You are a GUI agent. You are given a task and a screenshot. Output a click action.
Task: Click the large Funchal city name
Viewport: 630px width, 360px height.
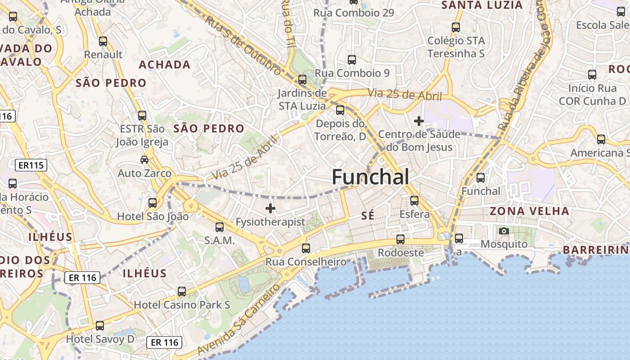[x=370, y=177]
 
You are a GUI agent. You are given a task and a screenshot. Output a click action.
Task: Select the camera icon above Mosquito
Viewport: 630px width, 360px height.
[x=504, y=231]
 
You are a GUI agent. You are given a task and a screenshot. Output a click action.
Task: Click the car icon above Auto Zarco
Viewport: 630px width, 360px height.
[x=144, y=160]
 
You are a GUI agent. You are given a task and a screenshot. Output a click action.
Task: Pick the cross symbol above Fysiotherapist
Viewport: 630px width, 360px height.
[x=270, y=208]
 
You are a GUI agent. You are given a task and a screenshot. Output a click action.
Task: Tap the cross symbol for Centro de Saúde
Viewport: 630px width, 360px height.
[x=419, y=121]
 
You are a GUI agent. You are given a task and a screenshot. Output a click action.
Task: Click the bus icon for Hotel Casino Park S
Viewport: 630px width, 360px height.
[x=182, y=292]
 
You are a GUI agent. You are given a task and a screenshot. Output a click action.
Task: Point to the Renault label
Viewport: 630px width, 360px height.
[x=103, y=54]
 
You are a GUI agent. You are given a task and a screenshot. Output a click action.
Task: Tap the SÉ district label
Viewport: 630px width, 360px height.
[x=368, y=216]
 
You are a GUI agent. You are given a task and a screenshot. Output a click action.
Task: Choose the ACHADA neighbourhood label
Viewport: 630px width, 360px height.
[x=165, y=65]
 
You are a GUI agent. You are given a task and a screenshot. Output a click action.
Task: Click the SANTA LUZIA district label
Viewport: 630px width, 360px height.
[x=482, y=5]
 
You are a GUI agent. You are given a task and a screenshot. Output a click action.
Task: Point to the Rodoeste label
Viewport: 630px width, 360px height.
[x=400, y=252]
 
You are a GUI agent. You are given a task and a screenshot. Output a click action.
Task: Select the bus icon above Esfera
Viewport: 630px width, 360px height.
[x=414, y=201]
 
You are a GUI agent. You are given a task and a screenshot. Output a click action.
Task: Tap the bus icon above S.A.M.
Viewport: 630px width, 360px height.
[x=220, y=227]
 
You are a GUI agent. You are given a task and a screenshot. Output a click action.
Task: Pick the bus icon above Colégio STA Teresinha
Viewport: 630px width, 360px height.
[x=456, y=27]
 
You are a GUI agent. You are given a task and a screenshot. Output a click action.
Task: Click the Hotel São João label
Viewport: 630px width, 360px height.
[x=153, y=216]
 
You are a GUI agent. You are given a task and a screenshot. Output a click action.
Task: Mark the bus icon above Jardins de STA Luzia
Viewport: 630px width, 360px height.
[x=302, y=80]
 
